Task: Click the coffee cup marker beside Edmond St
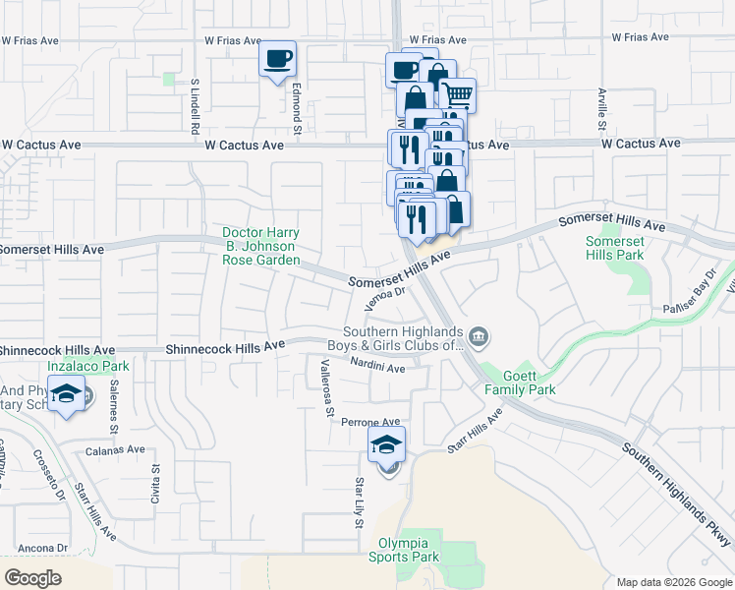[x=278, y=58]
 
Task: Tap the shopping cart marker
[x=458, y=95]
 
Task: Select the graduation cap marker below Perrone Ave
[x=387, y=444]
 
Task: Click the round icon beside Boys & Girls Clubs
[x=479, y=338]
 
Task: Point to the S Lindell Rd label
[x=196, y=107]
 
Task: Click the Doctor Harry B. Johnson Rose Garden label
[x=260, y=247]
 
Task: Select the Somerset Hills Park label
[x=614, y=248]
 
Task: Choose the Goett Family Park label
[x=520, y=383]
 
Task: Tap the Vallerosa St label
[x=328, y=387]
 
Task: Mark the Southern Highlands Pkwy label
[x=677, y=496]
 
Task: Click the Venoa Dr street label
[x=385, y=297]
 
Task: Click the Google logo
[x=33, y=577]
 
